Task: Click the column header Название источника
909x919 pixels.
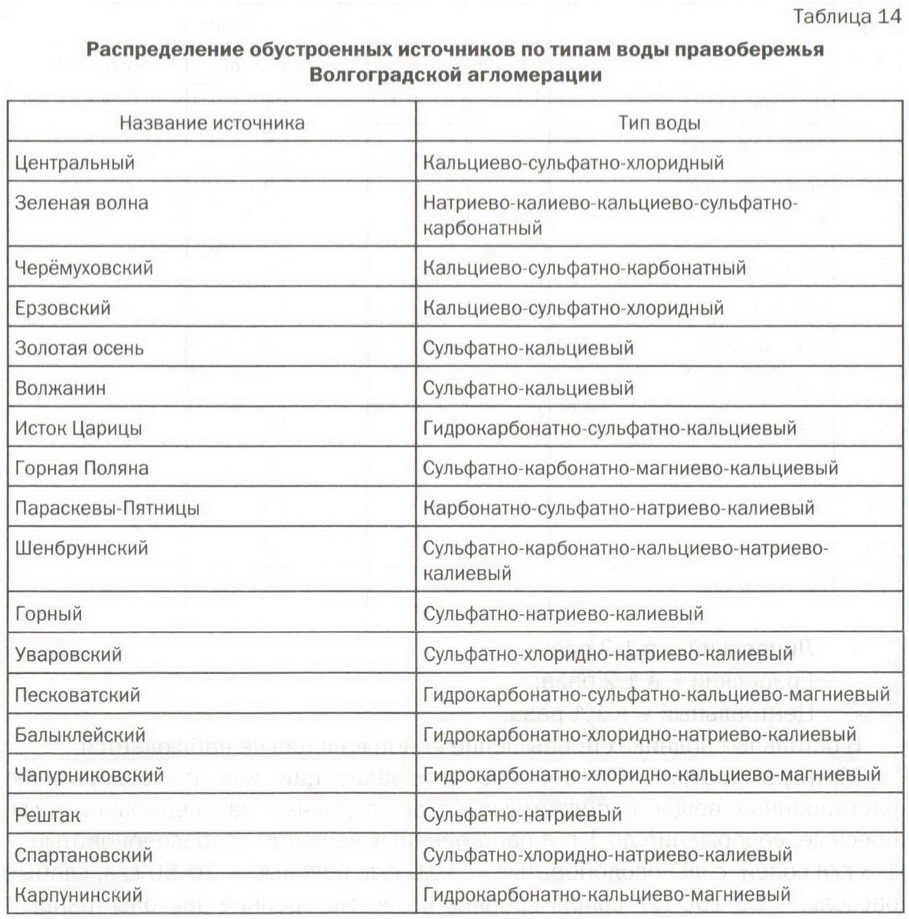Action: coord(211,123)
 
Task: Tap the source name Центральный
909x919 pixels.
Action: coord(75,163)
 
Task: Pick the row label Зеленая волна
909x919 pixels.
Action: coord(82,203)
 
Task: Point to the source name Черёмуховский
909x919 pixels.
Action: coord(84,268)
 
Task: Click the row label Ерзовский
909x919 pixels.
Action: coord(63,308)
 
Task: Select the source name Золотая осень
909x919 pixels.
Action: coord(80,348)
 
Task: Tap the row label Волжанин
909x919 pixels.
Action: coord(60,388)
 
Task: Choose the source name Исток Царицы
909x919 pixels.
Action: coord(78,428)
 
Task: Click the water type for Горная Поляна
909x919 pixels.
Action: coord(630,468)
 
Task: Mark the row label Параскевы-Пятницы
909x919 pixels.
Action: coord(107,509)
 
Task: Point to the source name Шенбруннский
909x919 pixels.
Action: coord(82,548)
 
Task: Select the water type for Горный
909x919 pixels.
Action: coord(563,614)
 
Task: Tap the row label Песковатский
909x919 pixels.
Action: coord(77,695)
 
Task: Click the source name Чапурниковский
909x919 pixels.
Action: coord(90,774)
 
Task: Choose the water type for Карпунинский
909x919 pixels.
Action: coord(607,894)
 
